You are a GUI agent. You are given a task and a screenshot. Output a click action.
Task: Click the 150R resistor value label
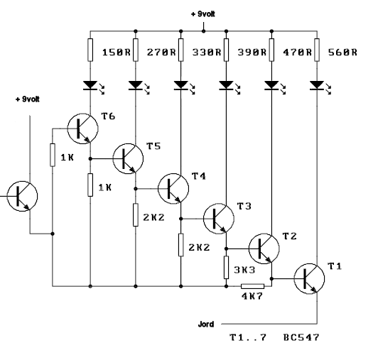point(117,52)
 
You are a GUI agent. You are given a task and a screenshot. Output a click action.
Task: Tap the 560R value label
point(342,52)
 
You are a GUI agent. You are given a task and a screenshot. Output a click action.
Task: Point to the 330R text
point(207,52)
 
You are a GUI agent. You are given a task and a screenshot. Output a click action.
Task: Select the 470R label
point(297,52)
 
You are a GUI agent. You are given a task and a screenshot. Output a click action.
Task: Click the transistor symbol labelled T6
point(82,129)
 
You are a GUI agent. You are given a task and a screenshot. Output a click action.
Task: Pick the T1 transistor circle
point(309,279)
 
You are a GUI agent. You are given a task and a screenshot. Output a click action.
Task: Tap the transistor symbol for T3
point(219,219)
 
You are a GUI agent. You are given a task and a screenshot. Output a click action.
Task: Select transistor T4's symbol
point(173,188)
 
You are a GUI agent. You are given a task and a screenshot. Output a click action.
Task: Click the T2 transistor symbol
point(264,249)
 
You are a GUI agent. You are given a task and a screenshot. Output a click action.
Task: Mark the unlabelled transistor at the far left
point(22,197)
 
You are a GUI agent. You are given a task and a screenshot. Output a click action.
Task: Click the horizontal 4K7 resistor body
point(253,286)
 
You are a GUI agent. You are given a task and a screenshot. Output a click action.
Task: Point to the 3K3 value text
point(244,270)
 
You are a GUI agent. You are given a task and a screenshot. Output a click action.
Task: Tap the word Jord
point(206,324)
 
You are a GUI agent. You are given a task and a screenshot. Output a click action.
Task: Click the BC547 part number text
point(301,337)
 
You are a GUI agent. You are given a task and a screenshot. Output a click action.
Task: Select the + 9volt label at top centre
point(203,14)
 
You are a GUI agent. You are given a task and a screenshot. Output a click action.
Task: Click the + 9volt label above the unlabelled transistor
point(28,99)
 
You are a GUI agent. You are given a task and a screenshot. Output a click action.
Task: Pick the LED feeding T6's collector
point(90,85)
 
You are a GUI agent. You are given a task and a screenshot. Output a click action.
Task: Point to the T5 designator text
point(153,146)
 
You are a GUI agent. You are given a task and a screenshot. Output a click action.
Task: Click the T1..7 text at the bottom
point(248,337)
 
